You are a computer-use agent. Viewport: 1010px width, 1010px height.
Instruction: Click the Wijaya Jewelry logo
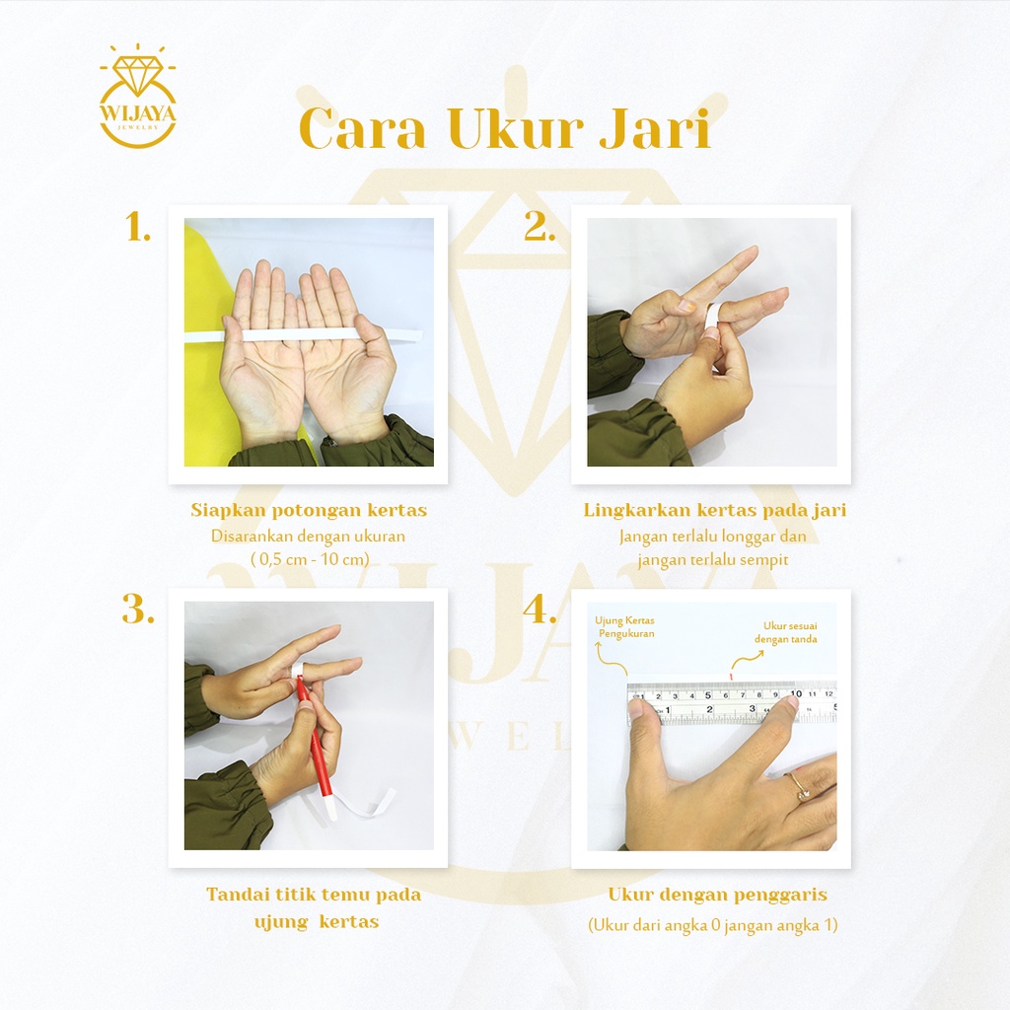[x=138, y=97]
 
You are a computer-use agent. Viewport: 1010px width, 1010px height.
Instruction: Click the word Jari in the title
[x=655, y=128]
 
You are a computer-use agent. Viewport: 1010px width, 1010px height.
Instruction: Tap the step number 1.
[x=137, y=228]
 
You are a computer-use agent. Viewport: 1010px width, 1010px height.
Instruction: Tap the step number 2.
[x=540, y=227]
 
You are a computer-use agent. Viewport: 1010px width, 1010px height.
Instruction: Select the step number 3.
[x=138, y=610]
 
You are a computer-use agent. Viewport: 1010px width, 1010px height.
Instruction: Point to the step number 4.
[x=540, y=610]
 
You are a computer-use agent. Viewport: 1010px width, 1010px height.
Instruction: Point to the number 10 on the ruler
[x=796, y=693]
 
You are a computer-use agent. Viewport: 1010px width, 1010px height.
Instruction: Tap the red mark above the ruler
[x=731, y=675]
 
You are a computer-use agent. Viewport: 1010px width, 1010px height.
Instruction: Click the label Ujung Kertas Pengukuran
[x=624, y=626]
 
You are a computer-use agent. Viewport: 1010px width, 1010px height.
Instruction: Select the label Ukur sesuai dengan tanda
[x=786, y=632]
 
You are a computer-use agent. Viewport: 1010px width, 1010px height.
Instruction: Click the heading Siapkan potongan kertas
[x=309, y=510]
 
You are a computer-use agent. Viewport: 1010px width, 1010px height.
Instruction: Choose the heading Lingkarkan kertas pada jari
[x=715, y=510]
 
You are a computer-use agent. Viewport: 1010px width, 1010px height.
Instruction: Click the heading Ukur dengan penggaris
[x=718, y=895]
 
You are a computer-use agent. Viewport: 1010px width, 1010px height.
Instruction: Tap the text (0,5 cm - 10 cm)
[x=310, y=558]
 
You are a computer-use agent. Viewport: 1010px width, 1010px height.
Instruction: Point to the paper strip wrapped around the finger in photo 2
[x=711, y=317]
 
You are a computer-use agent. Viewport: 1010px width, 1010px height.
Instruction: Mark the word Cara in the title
[x=363, y=129]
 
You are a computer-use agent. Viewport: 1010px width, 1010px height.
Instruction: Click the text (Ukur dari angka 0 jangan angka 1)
[x=712, y=925]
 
